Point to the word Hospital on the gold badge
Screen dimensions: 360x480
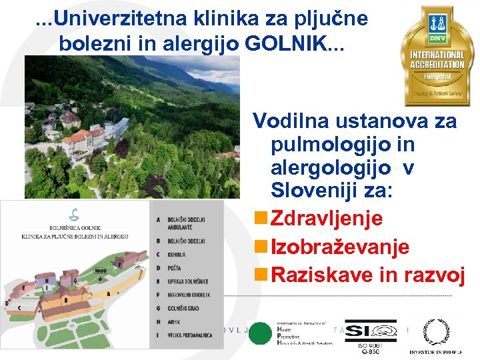(437, 77)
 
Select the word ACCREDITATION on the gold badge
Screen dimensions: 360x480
(437, 65)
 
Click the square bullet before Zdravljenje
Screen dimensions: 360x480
(258, 219)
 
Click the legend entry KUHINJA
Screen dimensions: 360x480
(177, 255)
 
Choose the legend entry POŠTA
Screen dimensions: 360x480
(175, 268)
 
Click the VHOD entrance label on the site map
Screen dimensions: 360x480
(100, 271)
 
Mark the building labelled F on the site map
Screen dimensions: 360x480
(120, 266)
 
